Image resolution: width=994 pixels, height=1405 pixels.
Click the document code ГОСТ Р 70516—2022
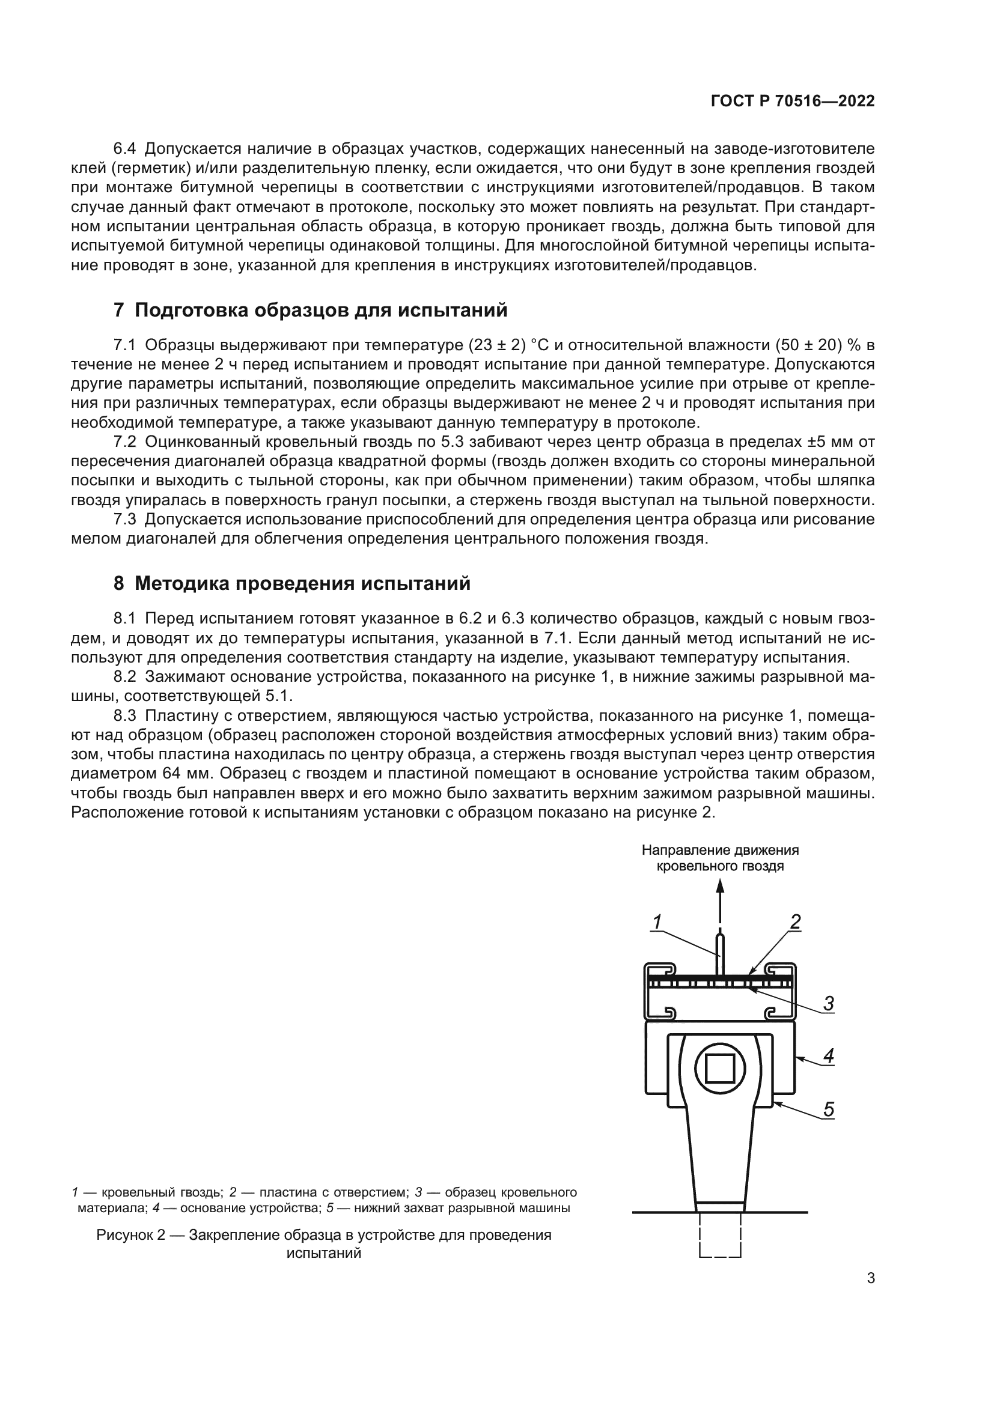(792, 102)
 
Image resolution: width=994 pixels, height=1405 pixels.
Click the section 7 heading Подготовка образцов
(310, 310)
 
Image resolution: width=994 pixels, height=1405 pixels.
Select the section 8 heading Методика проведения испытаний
(292, 583)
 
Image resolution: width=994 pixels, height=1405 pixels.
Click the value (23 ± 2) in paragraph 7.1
(497, 345)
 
